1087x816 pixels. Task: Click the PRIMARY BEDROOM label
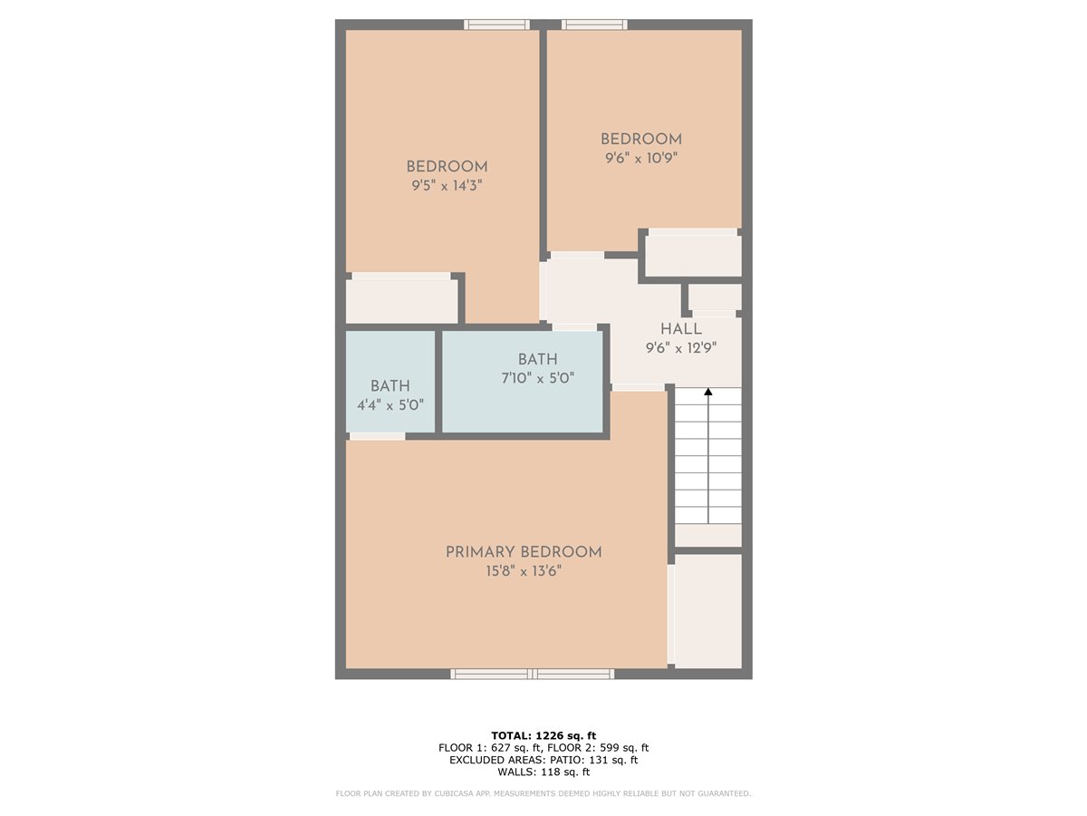coord(524,552)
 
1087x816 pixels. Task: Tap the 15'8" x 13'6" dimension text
coord(524,571)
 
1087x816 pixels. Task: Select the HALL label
coord(681,329)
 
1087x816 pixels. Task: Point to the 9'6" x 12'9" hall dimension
coord(681,348)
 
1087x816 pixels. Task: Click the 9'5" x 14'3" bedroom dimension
coord(447,186)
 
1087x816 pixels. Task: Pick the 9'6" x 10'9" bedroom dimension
coord(641,158)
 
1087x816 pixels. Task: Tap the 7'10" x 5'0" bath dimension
coord(538,378)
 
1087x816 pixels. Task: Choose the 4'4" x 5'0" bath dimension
coord(390,405)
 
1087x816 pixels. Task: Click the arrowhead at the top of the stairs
coord(708,392)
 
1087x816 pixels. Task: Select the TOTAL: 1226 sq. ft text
coord(543,735)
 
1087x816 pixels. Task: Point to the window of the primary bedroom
coord(533,674)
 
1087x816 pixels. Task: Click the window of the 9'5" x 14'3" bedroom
coord(496,24)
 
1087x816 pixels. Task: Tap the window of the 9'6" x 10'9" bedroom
coord(594,24)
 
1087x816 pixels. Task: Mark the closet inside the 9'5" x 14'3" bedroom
coord(401,301)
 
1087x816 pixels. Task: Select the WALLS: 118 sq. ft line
coord(543,772)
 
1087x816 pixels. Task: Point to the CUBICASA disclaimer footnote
coord(543,793)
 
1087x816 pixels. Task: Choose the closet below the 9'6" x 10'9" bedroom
coord(693,256)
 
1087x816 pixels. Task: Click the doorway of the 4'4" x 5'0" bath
coord(378,436)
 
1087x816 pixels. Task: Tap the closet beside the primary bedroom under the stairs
coord(708,611)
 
